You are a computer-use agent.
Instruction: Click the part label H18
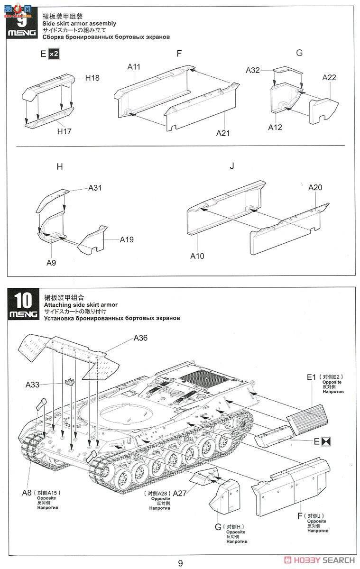click(x=92, y=78)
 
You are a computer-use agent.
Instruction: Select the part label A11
click(x=134, y=67)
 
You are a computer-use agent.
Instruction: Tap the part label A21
click(x=223, y=133)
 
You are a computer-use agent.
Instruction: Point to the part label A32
click(x=253, y=70)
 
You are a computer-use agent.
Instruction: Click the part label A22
click(x=329, y=77)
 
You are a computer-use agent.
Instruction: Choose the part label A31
click(x=95, y=188)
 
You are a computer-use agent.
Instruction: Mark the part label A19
click(x=126, y=239)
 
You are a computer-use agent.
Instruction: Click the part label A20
click(x=315, y=188)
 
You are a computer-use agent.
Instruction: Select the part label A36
click(x=140, y=338)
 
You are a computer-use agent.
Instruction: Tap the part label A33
click(x=32, y=384)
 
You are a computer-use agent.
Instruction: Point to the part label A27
click(x=180, y=493)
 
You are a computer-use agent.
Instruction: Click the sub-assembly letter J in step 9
click(x=232, y=166)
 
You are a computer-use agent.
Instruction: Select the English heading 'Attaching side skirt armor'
click(x=80, y=305)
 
